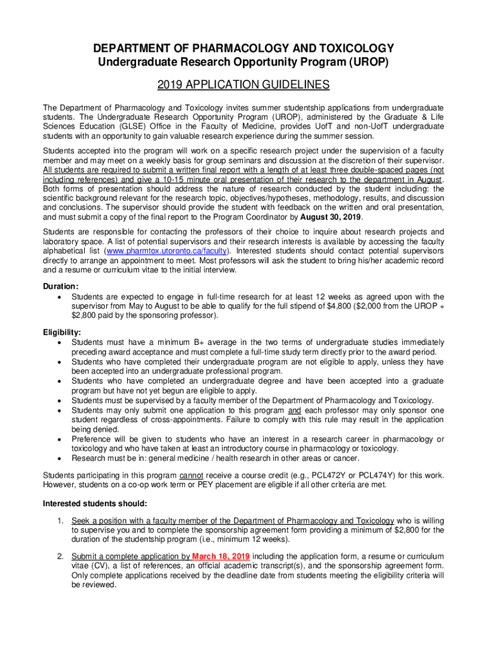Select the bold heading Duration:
[x=61, y=286]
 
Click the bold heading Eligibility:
[x=62, y=332]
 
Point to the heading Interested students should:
[x=95, y=504]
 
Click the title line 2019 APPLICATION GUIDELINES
[x=243, y=85]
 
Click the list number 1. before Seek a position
[x=61, y=520]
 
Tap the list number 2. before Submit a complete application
[x=61, y=556]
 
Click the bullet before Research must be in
[x=59, y=458]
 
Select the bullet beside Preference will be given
[x=59, y=439]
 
